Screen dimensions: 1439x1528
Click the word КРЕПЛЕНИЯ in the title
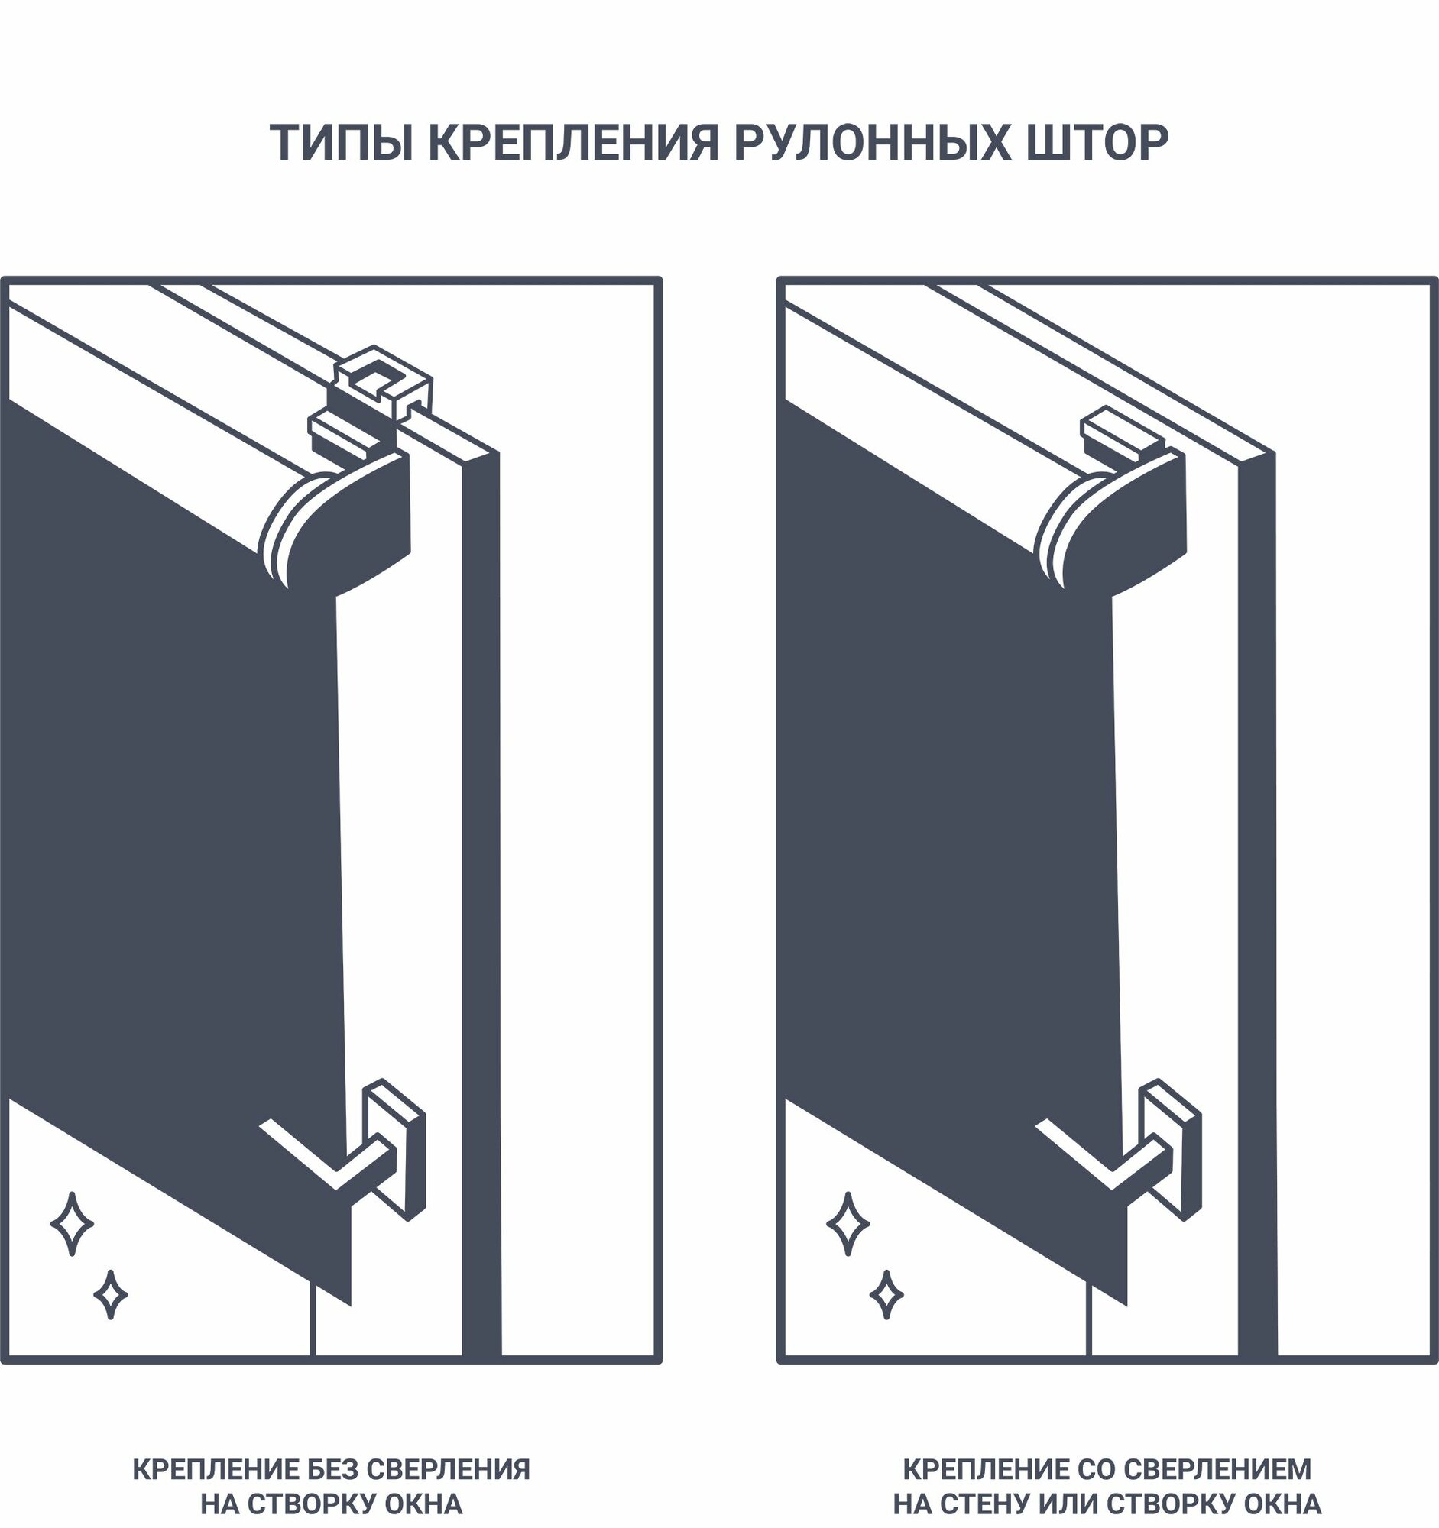click(572, 142)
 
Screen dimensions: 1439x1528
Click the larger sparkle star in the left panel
click(73, 1224)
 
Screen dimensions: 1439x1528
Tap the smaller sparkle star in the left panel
click(111, 1295)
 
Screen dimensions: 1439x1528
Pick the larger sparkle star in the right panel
click(848, 1224)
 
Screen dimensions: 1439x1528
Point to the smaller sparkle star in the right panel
click(886, 1295)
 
